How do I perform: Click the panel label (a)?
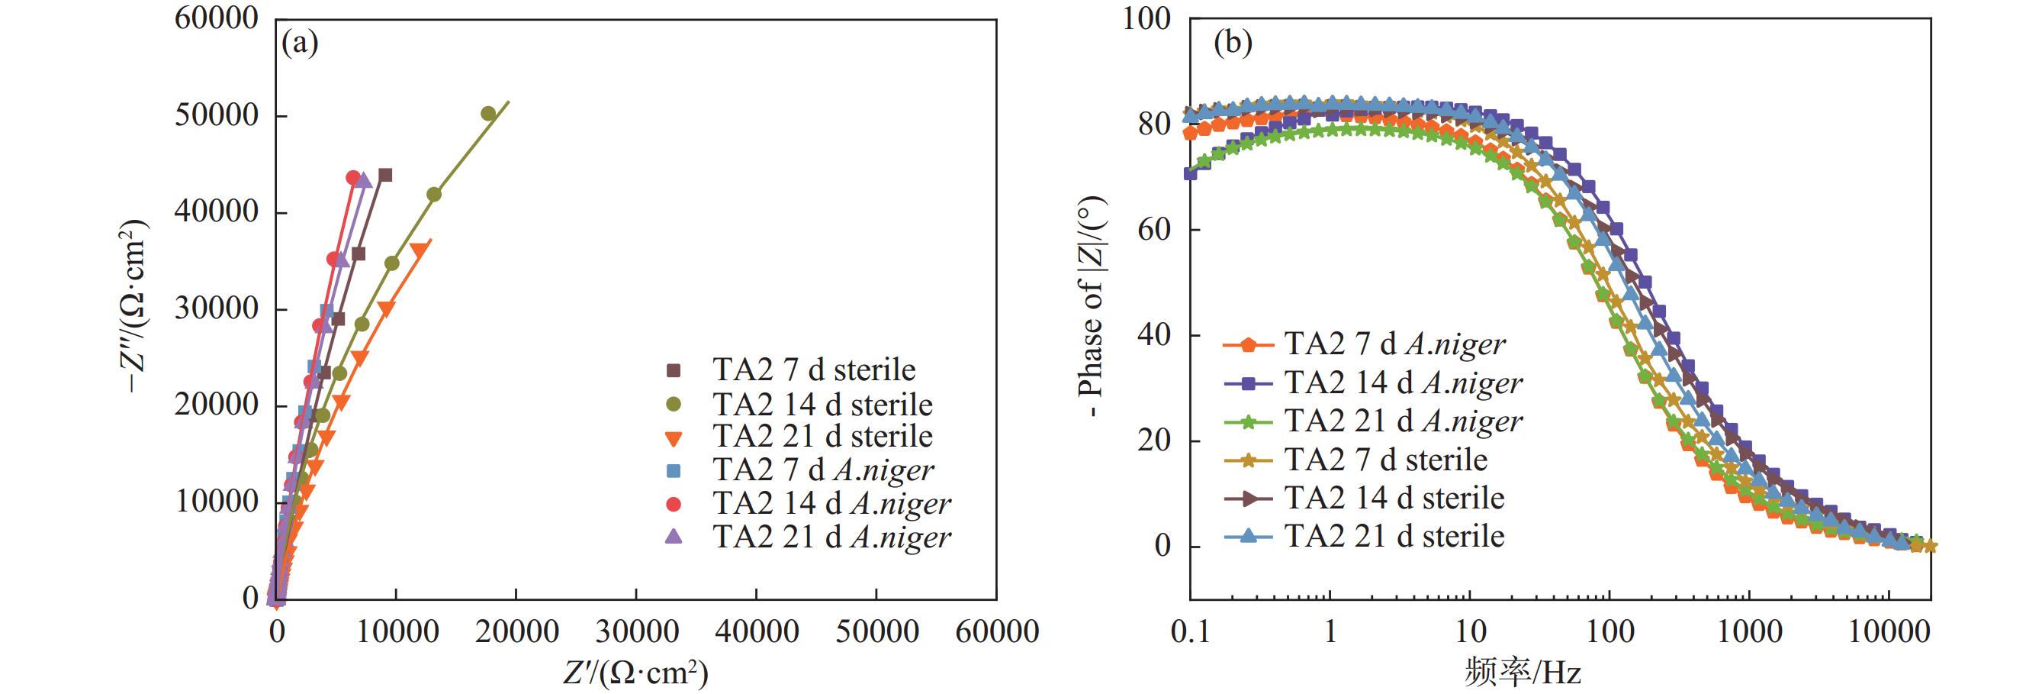point(300,43)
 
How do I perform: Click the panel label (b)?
point(1233,43)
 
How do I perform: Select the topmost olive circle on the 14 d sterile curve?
point(488,114)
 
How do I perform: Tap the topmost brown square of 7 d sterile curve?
point(385,176)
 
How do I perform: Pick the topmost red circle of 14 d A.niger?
point(352,178)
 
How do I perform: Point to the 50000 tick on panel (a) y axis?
point(216,116)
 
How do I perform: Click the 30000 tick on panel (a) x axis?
point(635,632)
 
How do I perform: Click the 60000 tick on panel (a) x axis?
point(996,632)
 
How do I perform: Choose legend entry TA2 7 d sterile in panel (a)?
point(813,370)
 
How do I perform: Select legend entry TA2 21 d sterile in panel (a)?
point(822,436)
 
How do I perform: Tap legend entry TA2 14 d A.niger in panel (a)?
point(831,504)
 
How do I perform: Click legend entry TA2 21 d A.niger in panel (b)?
point(1403,421)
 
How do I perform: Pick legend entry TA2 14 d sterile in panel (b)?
point(1394,498)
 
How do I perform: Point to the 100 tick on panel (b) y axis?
point(1146,19)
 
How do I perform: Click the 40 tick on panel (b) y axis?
point(1154,335)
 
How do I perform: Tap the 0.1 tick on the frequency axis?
point(1190,632)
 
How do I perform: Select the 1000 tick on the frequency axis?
point(1748,632)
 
